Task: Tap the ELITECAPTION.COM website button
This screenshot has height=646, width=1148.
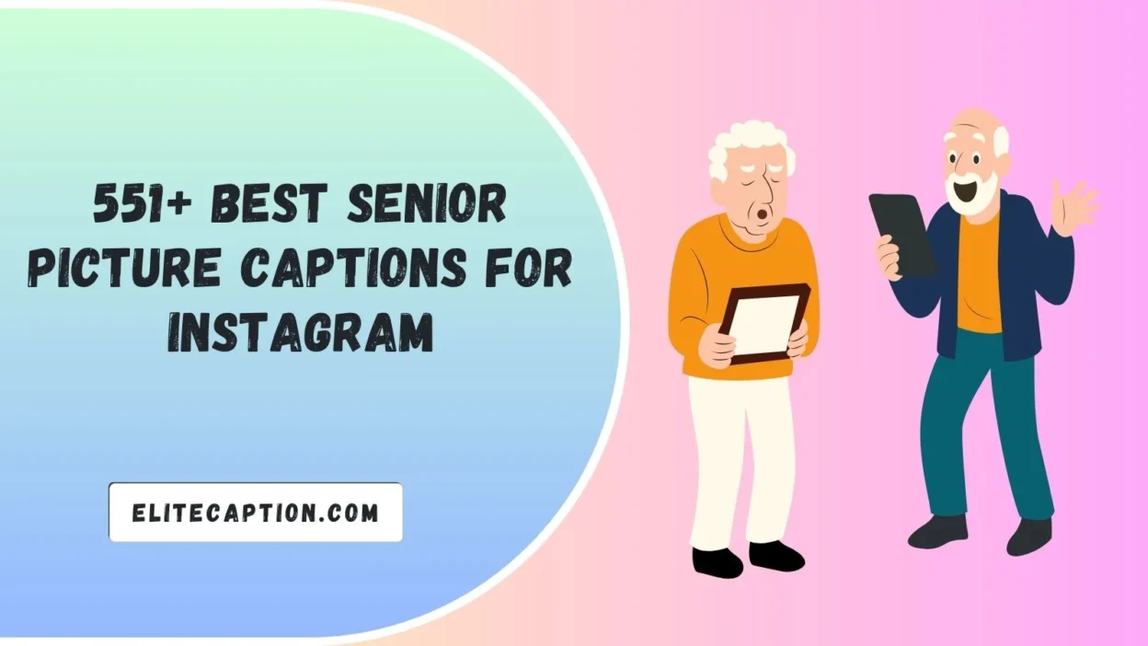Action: pos(256,513)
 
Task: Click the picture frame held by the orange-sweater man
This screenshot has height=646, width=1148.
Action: pos(763,323)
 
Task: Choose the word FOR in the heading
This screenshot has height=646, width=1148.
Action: pos(537,267)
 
